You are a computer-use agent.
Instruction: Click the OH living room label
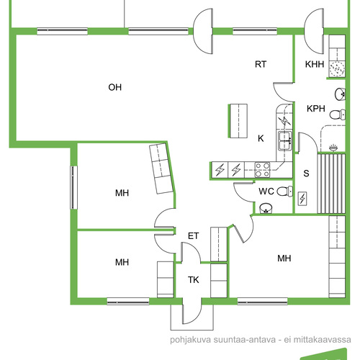(114, 87)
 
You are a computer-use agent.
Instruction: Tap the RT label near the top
(261, 64)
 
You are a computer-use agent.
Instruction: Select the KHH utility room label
(315, 64)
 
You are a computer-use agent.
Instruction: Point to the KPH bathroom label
(316, 109)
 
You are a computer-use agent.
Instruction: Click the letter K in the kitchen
(261, 138)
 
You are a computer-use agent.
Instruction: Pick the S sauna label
(306, 173)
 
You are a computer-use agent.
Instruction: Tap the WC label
(266, 192)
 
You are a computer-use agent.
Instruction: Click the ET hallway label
(193, 236)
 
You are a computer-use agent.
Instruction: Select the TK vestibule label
(193, 279)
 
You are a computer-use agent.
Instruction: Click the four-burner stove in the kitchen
(262, 170)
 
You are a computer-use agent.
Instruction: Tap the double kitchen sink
(285, 140)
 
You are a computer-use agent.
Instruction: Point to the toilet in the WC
(285, 192)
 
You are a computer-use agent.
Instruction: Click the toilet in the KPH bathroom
(337, 114)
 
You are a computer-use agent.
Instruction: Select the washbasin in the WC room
(266, 208)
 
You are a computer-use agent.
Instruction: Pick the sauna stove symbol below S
(302, 199)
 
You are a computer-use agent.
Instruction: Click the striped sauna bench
(331, 184)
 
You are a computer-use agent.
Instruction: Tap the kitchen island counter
(238, 121)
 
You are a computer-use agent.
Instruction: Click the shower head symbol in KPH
(333, 148)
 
